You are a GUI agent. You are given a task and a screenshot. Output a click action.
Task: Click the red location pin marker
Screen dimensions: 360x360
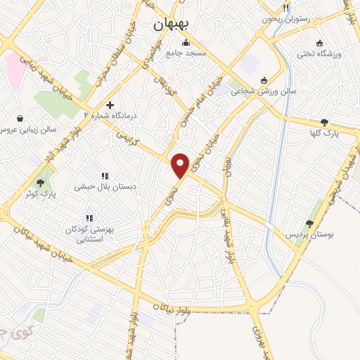180,165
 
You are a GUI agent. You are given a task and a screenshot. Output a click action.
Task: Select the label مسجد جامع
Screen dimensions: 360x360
186,53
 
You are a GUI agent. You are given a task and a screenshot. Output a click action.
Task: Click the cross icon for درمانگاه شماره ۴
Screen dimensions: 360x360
110,104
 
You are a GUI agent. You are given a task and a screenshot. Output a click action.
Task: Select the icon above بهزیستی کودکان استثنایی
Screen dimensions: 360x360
89,219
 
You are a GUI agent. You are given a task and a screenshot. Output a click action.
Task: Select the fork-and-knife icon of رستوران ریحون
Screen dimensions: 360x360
285,7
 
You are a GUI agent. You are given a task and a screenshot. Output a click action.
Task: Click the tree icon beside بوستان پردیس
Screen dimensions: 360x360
309,223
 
